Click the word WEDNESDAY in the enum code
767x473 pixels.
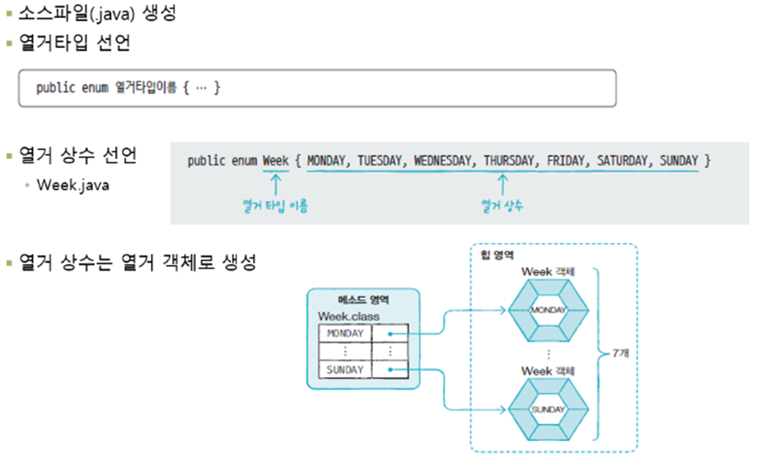pos(444,161)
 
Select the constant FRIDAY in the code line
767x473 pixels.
pos(565,161)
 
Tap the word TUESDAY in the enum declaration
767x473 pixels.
pos(380,161)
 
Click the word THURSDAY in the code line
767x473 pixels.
pos(509,161)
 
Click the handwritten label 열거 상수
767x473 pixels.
pos(502,206)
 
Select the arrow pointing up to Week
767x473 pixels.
pos(275,183)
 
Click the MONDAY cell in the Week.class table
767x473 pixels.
pos(344,333)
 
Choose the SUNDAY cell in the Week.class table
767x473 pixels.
pos(344,369)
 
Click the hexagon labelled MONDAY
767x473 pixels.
pos(548,310)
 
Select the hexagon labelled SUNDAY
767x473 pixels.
pos(548,409)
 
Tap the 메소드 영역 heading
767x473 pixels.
pos(363,300)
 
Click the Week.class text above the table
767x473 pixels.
pos(348,316)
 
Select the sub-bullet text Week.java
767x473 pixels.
pos(73,185)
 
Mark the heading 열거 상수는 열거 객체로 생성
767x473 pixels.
pos(137,263)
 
